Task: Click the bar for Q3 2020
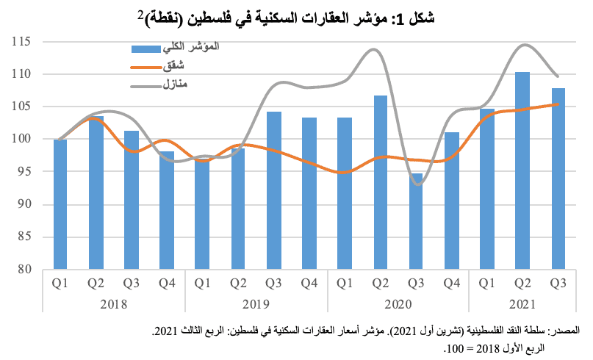click(x=416, y=221)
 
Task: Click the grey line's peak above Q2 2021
click(x=523, y=45)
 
